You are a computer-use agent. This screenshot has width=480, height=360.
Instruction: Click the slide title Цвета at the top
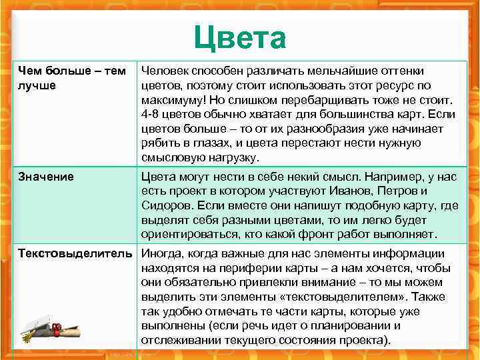pos(240,39)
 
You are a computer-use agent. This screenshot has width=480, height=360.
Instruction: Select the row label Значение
pos(46,177)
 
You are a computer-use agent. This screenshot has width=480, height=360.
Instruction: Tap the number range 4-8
pos(152,114)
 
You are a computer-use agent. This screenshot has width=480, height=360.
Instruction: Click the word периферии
pos(240,267)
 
